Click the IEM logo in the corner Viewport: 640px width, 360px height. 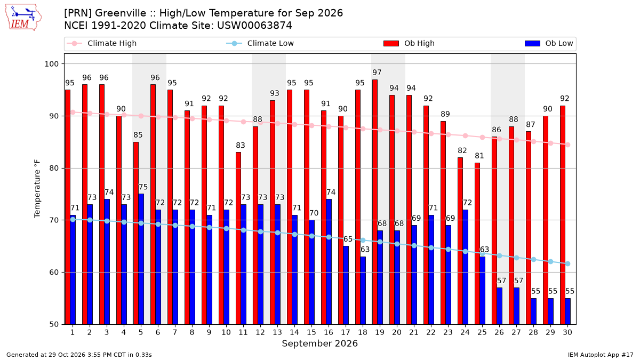(x=23, y=18)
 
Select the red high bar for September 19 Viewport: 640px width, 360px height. (x=375, y=202)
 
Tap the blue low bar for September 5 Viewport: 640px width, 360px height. (x=141, y=259)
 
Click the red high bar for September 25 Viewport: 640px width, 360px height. (x=477, y=244)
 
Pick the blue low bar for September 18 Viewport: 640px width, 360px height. (x=363, y=291)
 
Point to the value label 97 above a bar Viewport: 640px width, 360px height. (x=377, y=73)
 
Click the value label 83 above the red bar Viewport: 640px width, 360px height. (x=241, y=146)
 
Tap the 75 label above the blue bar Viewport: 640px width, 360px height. (x=143, y=187)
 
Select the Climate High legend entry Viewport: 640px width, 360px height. (x=101, y=43)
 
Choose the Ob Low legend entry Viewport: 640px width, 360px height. (x=549, y=43)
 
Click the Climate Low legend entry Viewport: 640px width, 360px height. (x=260, y=43)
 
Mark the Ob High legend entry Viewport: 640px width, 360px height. (x=409, y=43)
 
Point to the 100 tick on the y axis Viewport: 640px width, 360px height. (x=51, y=64)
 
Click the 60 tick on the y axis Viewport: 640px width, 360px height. (x=54, y=273)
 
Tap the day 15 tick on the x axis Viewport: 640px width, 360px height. (x=311, y=333)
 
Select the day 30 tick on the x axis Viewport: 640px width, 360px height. (x=567, y=333)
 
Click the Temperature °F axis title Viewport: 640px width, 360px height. (x=37, y=189)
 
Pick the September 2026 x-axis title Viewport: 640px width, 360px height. (x=319, y=343)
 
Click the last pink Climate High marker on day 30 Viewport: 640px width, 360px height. (x=567, y=145)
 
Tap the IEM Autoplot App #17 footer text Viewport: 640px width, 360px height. (x=601, y=355)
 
